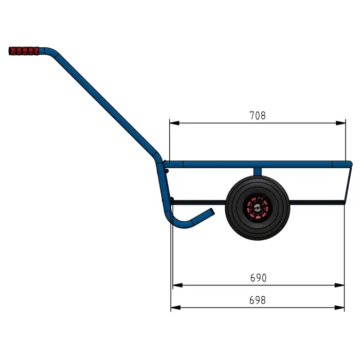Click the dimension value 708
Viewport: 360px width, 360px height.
(257, 116)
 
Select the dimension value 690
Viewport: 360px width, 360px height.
(258, 278)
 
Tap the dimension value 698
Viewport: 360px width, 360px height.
(257, 300)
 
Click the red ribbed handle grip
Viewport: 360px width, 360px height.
(24, 51)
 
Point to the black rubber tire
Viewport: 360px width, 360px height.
(257, 208)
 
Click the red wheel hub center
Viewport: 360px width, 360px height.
(257, 208)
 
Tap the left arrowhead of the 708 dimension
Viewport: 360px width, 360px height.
(174, 123)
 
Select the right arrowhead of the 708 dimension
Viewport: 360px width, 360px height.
(340, 123)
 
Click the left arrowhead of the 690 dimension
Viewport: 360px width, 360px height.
(177, 285)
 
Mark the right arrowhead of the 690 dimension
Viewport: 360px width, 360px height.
(339, 285)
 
